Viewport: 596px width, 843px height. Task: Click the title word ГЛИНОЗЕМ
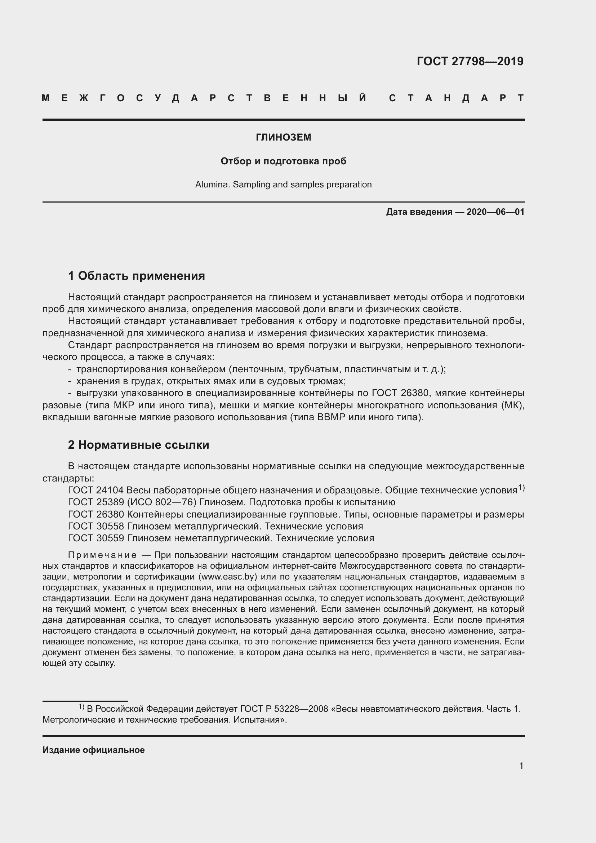283,137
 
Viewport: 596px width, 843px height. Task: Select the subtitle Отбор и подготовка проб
283,161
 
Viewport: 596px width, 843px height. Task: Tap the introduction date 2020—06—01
495,212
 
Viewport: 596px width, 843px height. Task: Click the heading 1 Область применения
137,275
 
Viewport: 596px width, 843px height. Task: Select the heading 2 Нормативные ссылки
138,445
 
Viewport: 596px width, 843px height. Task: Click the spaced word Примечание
102,555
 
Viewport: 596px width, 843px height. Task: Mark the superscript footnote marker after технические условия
521,488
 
